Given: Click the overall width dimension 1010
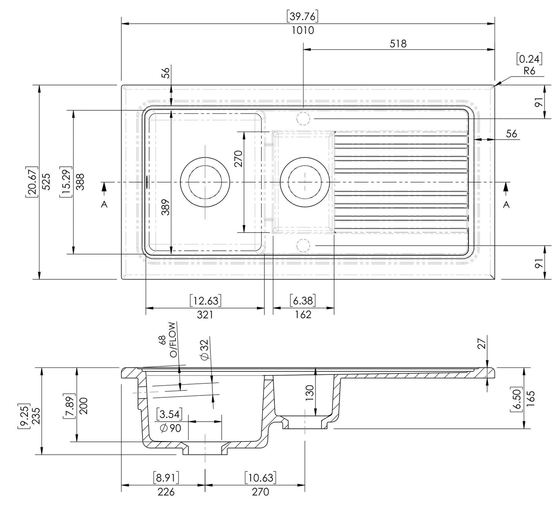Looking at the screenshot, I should (x=303, y=30).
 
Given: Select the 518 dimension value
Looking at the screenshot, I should (x=398, y=43).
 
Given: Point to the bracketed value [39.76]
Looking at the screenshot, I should (x=303, y=17).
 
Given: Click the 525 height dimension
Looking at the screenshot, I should (x=46, y=182).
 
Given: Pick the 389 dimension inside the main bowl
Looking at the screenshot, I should (x=165, y=208).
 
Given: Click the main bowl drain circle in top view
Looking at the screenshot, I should (x=205, y=182).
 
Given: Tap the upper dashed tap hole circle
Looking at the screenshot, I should (x=303, y=118).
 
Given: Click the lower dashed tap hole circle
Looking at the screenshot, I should (x=303, y=246).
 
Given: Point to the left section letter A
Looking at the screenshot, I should (x=104, y=204).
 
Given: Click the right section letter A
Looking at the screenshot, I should (x=506, y=204).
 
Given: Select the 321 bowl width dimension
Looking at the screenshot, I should (x=205, y=315).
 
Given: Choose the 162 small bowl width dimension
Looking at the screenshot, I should (x=303, y=315).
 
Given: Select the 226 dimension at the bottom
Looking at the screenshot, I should (x=166, y=492).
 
